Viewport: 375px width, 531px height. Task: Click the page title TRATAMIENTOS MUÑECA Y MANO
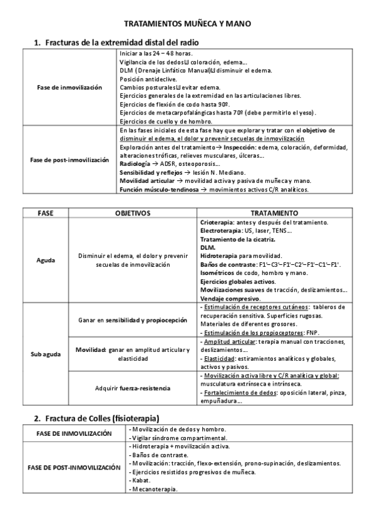tap(187, 23)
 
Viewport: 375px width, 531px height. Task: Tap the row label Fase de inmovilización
tap(69, 88)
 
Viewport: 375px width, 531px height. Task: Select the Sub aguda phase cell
tap(47, 354)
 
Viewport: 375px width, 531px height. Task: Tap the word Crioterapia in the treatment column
tap(217, 222)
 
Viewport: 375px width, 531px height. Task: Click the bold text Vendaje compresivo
tap(230, 299)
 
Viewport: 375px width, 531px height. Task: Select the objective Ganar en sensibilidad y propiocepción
tap(133, 320)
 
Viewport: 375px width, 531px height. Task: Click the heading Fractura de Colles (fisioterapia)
tap(102, 418)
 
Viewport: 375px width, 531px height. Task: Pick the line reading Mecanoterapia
tap(154, 489)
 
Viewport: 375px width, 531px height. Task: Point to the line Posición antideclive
tap(148, 80)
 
